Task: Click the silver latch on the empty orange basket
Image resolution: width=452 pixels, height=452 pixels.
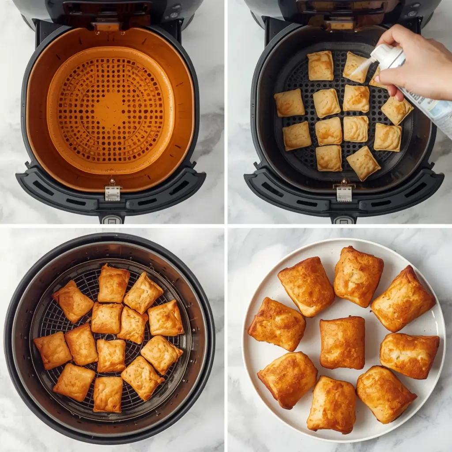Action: pyautogui.click(x=113, y=192)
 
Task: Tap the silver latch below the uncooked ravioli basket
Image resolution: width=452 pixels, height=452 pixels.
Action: pyautogui.click(x=344, y=193)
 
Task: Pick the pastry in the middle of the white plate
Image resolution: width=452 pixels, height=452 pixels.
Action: pyautogui.click(x=342, y=342)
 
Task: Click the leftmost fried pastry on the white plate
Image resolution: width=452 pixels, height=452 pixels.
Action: pyautogui.click(x=276, y=325)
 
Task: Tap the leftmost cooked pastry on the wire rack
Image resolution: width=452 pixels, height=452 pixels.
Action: pyautogui.click(x=53, y=350)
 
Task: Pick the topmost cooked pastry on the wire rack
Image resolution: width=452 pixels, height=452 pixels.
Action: pyautogui.click(x=113, y=283)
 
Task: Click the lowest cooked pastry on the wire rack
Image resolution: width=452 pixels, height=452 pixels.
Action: pyautogui.click(x=108, y=394)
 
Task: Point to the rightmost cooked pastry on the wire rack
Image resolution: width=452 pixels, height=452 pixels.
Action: pyautogui.click(x=166, y=318)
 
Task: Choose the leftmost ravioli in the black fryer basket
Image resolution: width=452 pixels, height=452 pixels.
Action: pyautogui.click(x=289, y=103)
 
